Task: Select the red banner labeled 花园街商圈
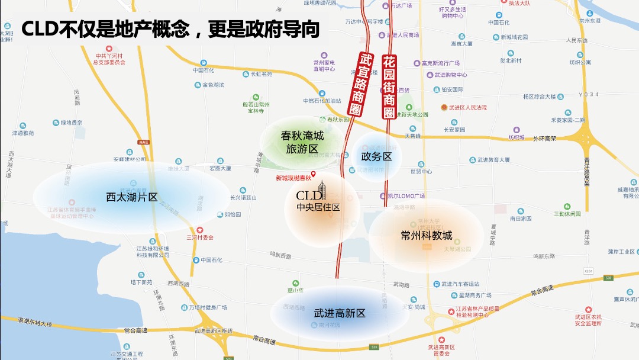(x=389, y=86)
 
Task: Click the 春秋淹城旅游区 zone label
(x=302, y=142)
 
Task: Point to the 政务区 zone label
(x=376, y=156)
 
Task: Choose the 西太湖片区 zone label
(x=131, y=197)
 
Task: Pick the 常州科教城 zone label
(x=426, y=235)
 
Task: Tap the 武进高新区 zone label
(x=340, y=313)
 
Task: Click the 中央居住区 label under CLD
(x=318, y=207)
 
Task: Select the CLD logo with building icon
(x=312, y=192)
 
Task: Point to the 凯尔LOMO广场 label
(x=406, y=196)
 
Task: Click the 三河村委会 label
(x=199, y=237)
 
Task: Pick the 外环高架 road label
(x=546, y=139)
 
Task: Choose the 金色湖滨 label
(x=213, y=85)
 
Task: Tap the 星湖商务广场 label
(x=471, y=295)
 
